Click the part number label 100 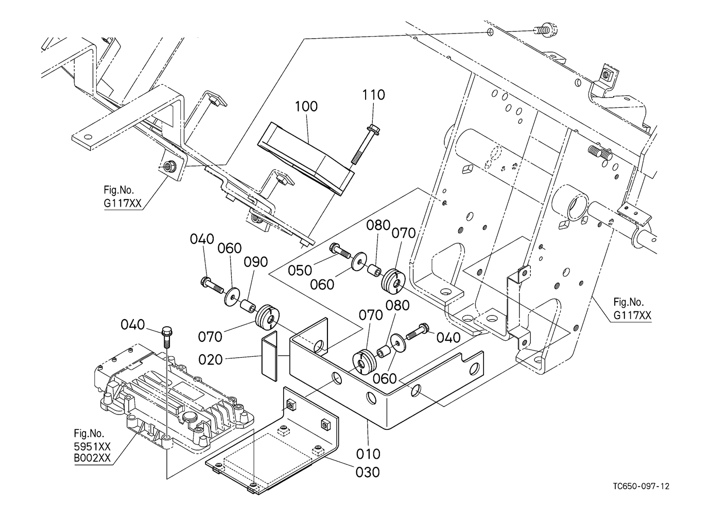coord(306,107)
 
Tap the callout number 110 coord(373,95)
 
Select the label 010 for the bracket coord(369,454)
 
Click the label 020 coord(211,359)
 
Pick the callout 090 coord(256,262)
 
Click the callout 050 coord(300,270)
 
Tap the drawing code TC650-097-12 coord(641,486)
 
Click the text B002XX coord(92,458)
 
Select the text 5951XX coord(92,446)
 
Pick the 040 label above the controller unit coord(133,325)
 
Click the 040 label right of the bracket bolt coord(448,338)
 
